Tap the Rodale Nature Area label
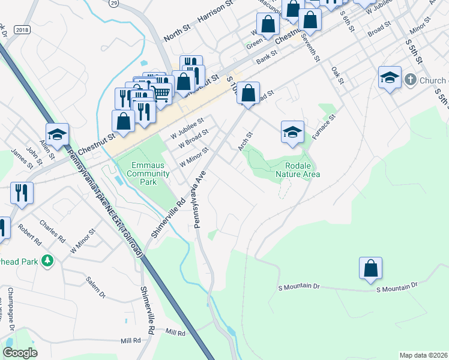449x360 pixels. [x=298, y=170]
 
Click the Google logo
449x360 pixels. [x=19, y=353]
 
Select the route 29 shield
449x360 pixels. [x=113, y=3]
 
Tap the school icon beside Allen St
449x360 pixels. [x=57, y=134]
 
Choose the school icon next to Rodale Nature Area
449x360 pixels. [x=292, y=132]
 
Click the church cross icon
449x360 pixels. [x=410, y=79]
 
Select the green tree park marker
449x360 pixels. [x=46, y=261]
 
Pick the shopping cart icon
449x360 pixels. [x=161, y=92]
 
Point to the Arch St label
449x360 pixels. [x=246, y=142]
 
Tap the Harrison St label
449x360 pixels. [x=214, y=11]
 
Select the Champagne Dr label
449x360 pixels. [x=10, y=310]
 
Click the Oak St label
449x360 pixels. [x=337, y=76]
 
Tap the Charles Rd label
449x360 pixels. [x=52, y=231]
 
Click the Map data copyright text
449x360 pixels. [x=423, y=355]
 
